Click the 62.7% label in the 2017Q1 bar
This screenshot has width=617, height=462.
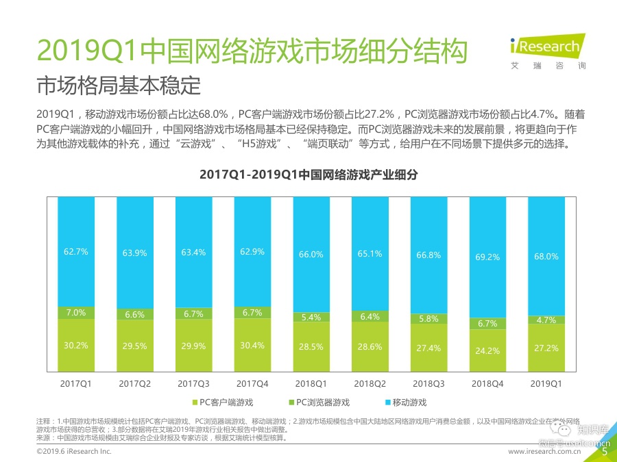coord(76,252)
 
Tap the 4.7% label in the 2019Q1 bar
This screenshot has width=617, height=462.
coord(546,320)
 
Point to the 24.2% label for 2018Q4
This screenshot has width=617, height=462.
coord(487,350)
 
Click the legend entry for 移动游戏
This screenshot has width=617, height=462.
coord(409,402)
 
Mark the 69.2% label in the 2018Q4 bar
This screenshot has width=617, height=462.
coord(487,257)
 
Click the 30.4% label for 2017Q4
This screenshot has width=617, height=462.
coord(252,346)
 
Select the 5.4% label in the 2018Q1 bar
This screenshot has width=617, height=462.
coord(311,318)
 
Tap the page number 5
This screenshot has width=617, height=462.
coord(604,451)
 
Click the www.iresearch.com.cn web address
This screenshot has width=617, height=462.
coord(551,452)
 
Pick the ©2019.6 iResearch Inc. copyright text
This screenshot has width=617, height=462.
coord(73,452)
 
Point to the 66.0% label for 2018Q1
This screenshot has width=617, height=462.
coord(311,255)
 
